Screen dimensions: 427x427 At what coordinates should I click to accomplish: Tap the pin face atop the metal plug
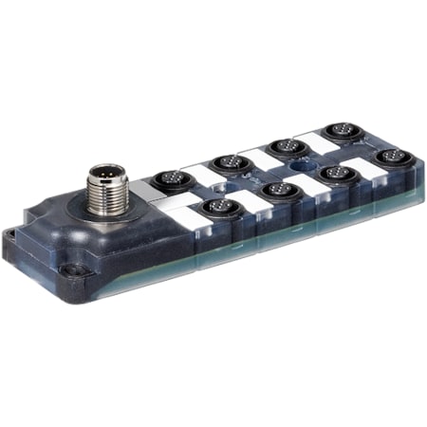pos(102,175)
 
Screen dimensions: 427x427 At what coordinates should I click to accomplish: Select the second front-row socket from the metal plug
pos(278,189)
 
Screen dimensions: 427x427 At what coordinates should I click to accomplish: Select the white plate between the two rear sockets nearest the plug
pos(200,173)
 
